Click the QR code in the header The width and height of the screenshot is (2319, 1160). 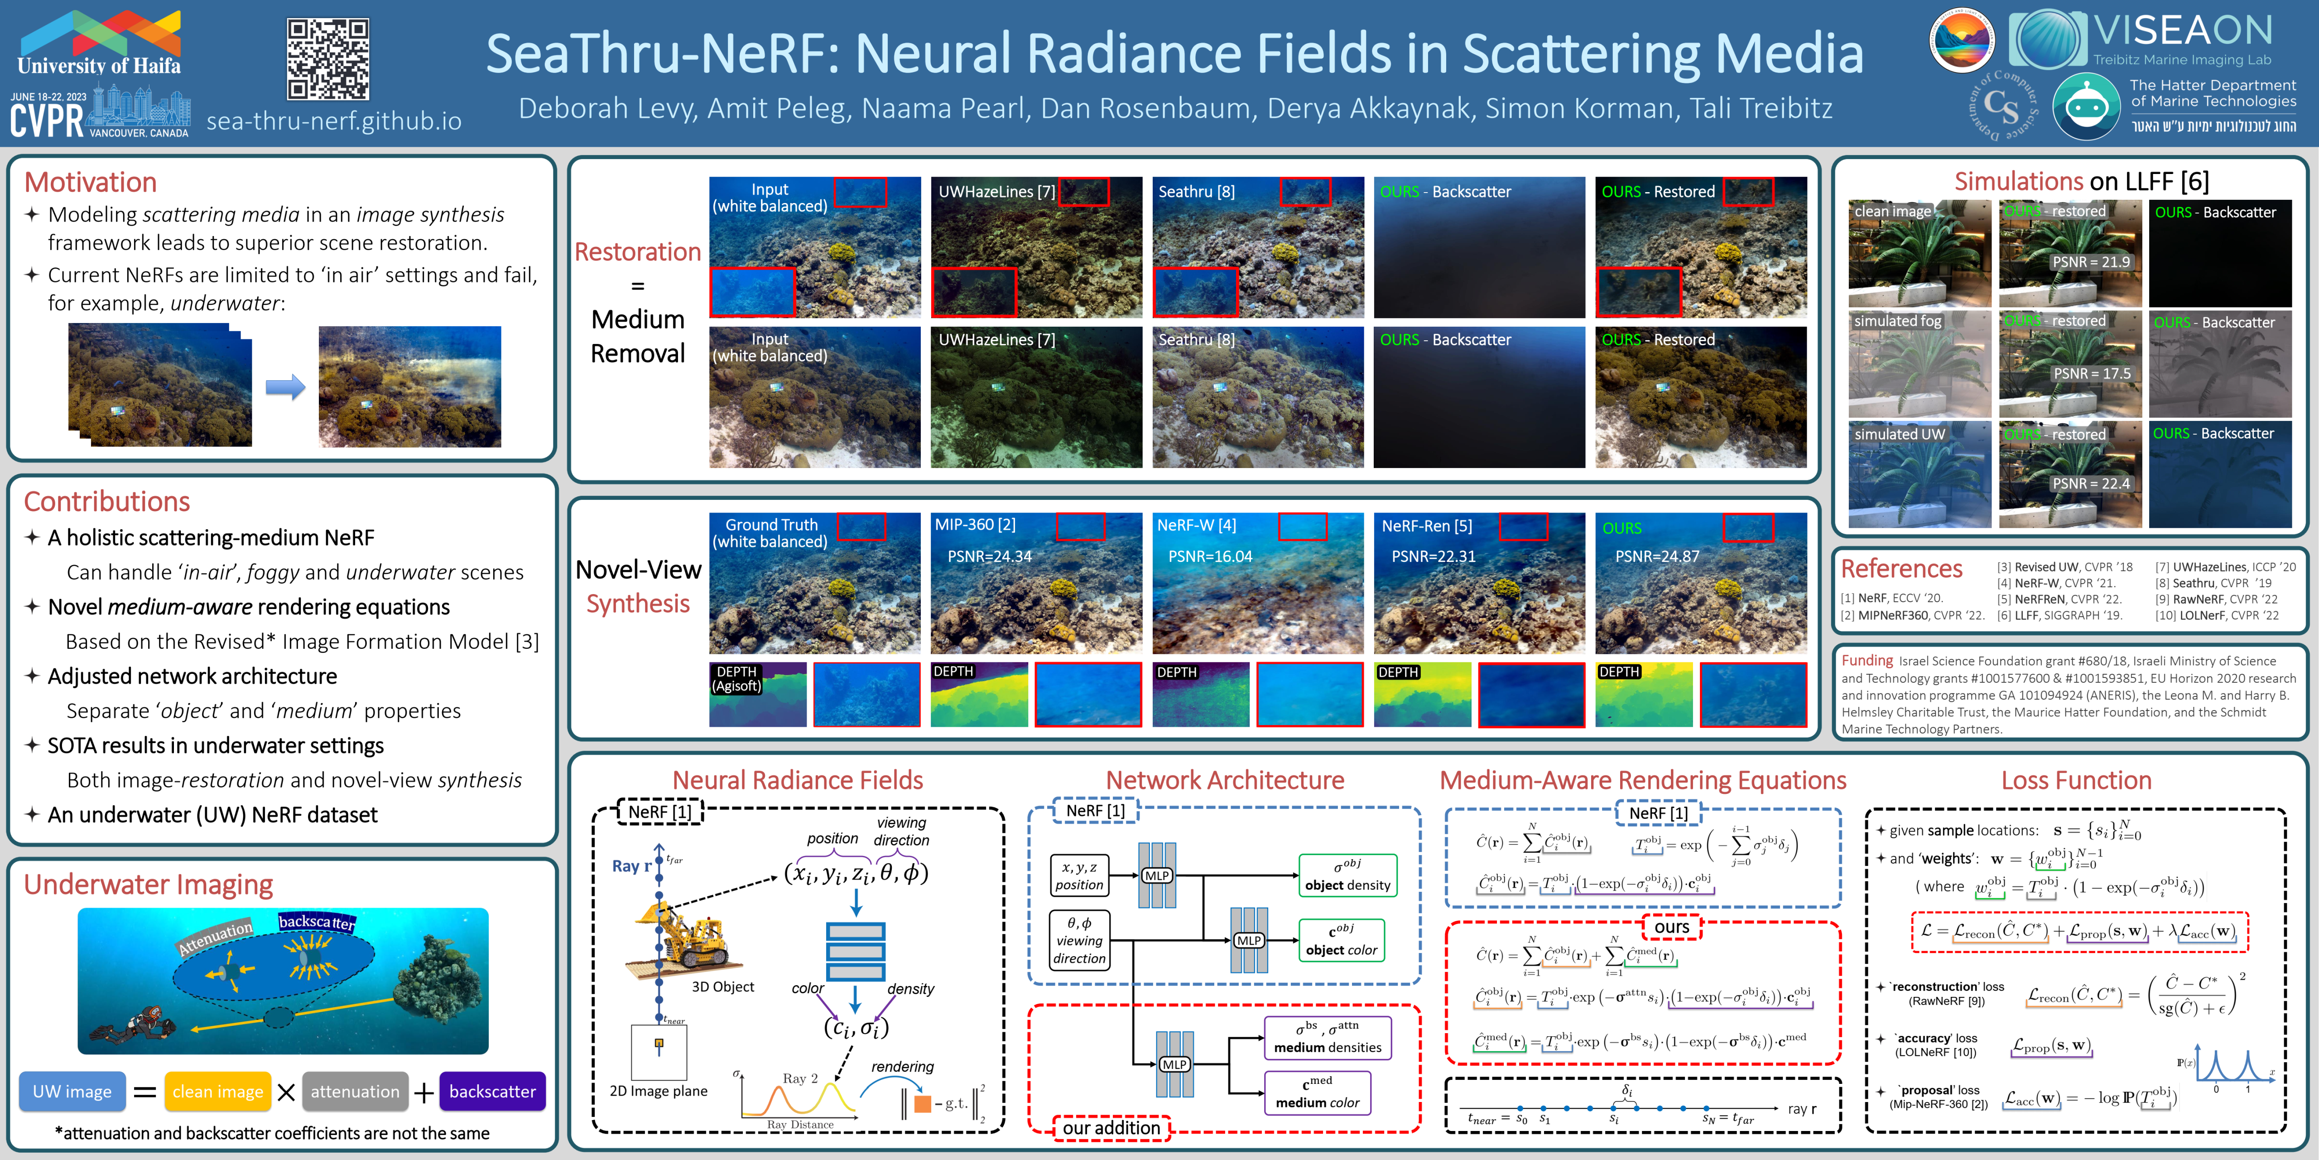tap(327, 59)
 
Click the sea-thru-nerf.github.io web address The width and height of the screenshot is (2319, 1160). tap(334, 121)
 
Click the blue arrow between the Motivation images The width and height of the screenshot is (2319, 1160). tap(285, 387)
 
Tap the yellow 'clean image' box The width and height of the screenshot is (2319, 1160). tap(218, 1092)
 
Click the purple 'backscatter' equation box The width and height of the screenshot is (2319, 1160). tap(491, 1092)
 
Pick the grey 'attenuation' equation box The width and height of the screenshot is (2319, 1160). tap(355, 1092)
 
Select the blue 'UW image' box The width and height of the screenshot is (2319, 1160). tap(72, 1092)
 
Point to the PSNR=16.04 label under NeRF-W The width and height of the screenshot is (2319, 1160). tap(1210, 556)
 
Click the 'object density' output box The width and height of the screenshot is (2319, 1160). tap(1347, 875)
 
